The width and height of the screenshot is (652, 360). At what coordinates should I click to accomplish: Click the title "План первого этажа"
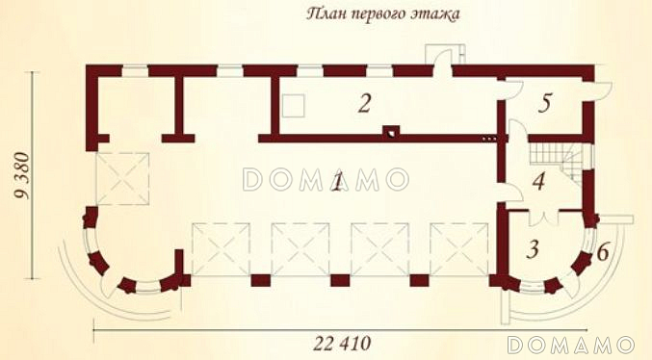tap(383, 14)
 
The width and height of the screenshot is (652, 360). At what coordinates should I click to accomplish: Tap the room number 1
tap(338, 183)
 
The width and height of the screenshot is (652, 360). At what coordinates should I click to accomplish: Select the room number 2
tap(364, 104)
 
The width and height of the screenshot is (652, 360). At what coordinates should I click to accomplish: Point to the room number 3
tap(533, 249)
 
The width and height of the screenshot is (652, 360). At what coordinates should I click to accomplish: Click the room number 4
tap(539, 182)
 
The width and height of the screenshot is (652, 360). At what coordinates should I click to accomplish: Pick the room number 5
tap(545, 103)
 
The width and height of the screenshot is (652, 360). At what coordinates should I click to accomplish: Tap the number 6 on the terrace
tap(603, 252)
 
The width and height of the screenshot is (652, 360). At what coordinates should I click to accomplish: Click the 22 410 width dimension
tap(342, 344)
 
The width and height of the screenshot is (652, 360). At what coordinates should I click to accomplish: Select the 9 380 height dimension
tap(23, 176)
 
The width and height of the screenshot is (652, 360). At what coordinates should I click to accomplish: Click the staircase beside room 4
tap(556, 161)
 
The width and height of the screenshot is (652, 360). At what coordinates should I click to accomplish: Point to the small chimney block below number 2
tap(391, 131)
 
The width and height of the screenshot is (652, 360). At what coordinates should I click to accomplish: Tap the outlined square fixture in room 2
tap(294, 106)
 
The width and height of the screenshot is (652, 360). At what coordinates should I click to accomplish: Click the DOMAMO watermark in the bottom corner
tap(571, 345)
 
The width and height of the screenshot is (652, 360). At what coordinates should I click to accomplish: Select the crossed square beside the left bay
tap(122, 179)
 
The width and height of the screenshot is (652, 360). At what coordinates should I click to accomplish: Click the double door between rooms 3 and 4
tap(543, 219)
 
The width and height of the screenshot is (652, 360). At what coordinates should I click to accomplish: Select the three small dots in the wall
tap(489, 138)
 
